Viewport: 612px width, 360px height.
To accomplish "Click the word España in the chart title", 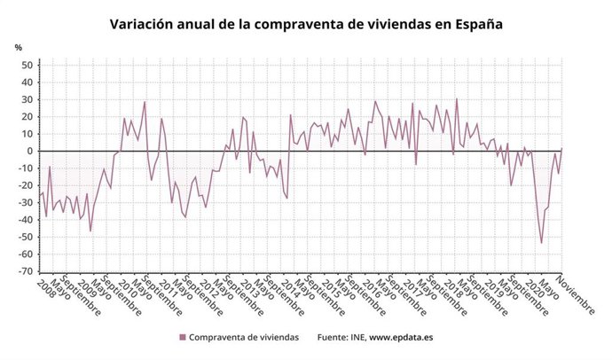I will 475,25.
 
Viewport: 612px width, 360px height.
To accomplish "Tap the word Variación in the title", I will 144,25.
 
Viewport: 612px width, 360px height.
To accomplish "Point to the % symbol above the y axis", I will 19,46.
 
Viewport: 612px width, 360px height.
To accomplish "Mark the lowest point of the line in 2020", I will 541,243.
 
